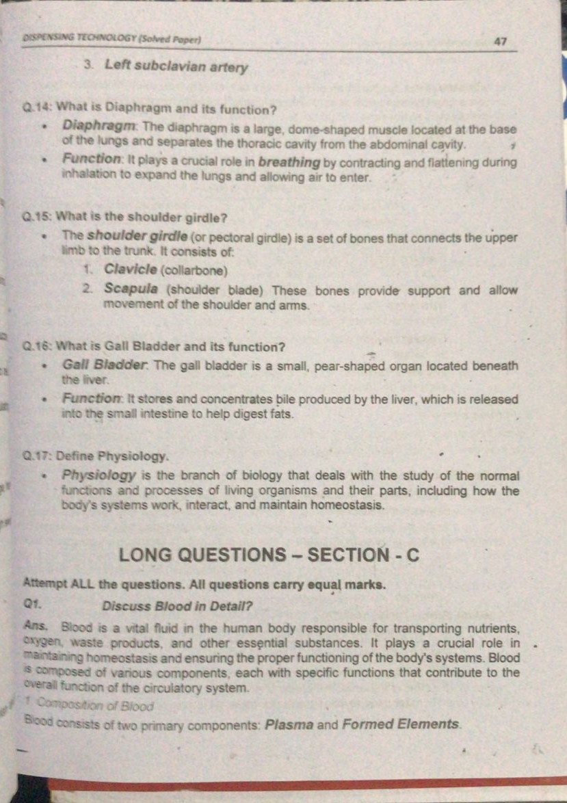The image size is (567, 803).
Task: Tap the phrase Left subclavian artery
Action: (x=176, y=68)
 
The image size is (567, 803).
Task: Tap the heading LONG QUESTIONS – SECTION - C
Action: (x=268, y=556)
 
